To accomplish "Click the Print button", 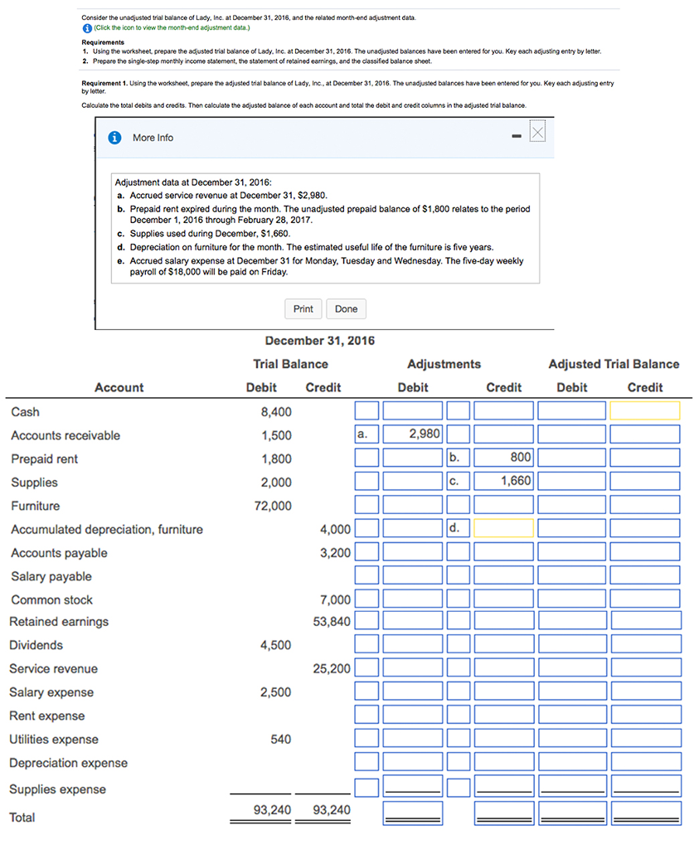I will coord(303,309).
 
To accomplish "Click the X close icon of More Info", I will coord(537,133).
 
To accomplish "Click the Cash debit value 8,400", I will coord(276,411).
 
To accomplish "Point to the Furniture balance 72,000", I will coord(273,506).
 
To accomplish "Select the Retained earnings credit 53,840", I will coord(332,621).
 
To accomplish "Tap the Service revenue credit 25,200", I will coord(332,668).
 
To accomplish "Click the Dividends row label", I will coord(36,645).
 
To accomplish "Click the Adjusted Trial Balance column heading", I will coord(614,364).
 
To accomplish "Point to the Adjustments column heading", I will coord(444,364).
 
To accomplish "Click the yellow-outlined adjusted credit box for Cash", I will coord(644,410).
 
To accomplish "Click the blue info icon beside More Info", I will coord(116,138).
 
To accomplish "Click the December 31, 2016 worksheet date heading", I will coord(319,341).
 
